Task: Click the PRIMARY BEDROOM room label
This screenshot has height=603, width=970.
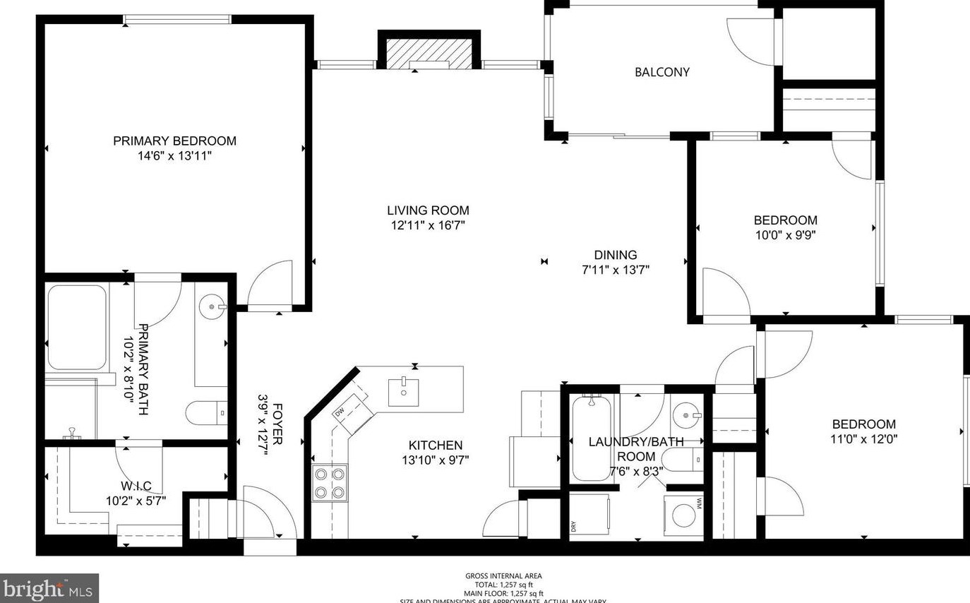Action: click(x=174, y=141)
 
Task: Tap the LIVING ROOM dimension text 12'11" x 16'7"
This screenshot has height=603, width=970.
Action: click(x=428, y=226)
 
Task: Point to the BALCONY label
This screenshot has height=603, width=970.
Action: click(x=661, y=72)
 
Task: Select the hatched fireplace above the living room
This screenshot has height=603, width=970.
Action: click(x=429, y=54)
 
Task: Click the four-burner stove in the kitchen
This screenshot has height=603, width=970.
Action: click(x=330, y=483)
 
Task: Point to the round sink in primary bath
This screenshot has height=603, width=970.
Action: click(x=212, y=306)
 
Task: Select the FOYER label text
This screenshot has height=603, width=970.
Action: click(x=277, y=424)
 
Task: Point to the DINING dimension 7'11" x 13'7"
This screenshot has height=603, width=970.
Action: click(x=615, y=270)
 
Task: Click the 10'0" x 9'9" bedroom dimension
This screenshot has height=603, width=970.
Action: click(x=785, y=235)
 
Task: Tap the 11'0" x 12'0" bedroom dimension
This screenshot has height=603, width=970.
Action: click(x=863, y=438)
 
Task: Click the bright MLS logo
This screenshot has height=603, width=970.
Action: click(x=49, y=587)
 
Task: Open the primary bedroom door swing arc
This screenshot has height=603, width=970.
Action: click(x=273, y=284)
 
